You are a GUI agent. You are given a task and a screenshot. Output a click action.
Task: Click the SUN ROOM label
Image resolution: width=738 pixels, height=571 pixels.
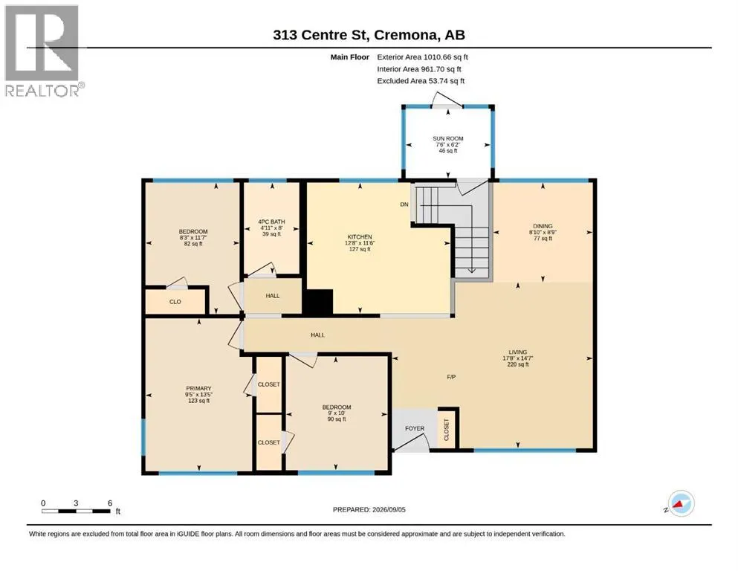(448, 138)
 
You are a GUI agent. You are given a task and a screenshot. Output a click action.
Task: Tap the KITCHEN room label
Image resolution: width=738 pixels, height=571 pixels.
(360, 236)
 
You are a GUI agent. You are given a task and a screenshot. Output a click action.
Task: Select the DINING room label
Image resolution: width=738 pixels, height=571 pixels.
(543, 226)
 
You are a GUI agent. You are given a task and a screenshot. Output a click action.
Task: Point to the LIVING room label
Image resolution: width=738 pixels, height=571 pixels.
(518, 352)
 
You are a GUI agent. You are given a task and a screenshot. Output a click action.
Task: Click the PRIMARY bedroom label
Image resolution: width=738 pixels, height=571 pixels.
(198, 388)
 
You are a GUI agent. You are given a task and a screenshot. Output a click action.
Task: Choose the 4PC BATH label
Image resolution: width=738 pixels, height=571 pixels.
(271, 222)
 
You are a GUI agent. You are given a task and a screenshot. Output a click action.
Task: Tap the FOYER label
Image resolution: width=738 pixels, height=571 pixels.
(415, 428)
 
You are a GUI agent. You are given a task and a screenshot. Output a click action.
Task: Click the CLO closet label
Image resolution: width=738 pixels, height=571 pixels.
(175, 302)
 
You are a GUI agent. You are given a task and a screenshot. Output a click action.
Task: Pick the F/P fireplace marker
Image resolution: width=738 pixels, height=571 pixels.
(451, 377)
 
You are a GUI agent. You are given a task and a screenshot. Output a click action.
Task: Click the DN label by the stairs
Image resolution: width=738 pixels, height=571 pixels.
(404, 204)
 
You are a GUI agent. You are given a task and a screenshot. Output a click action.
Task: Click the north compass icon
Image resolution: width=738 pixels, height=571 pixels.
(681, 503)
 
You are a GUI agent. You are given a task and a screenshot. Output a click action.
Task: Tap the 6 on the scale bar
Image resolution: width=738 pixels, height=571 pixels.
(110, 503)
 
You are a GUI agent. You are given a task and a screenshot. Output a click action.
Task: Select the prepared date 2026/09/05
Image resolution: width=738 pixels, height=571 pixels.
(389, 509)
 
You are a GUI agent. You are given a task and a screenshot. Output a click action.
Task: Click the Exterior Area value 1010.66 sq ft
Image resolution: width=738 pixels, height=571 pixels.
(446, 57)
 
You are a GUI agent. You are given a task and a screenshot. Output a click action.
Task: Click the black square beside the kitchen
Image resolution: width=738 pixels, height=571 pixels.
(317, 302)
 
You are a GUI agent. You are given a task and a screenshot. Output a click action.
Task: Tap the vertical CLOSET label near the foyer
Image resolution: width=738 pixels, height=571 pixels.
(446, 430)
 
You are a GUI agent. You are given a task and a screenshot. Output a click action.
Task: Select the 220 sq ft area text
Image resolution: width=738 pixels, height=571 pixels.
(518, 364)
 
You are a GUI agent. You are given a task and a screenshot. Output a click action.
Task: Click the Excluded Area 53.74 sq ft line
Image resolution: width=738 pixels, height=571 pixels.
(421, 81)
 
